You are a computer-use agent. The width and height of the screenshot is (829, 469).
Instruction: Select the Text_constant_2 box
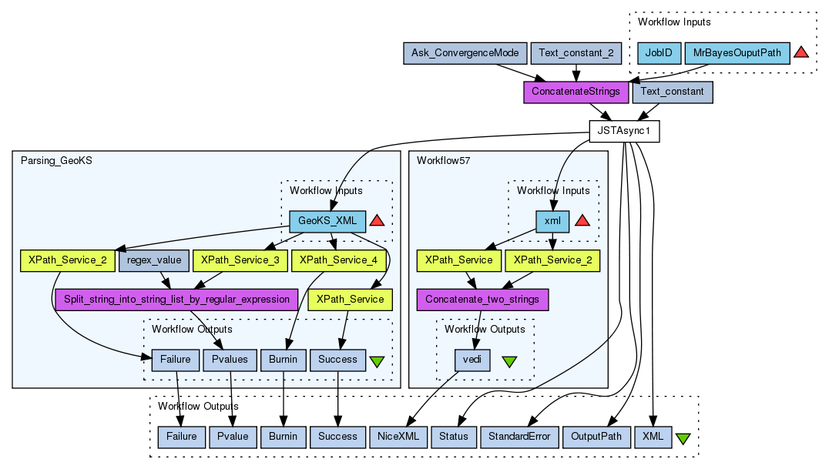point(577,53)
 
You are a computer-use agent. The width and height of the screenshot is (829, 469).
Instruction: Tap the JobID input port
point(659,53)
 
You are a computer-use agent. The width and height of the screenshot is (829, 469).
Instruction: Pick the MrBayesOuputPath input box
point(737,53)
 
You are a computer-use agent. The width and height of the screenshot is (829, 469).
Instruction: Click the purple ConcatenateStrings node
point(576,92)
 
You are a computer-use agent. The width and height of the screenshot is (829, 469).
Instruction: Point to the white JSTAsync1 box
point(624,131)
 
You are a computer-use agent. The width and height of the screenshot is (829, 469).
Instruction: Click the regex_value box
point(153,260)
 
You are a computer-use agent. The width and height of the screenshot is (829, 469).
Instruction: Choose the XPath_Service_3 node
point(240,260)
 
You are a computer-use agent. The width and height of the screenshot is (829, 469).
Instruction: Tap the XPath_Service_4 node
point(338,260)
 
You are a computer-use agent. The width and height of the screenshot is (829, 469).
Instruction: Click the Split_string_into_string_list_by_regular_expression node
point(176,299)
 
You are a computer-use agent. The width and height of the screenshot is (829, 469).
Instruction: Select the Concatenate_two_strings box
point(482,299)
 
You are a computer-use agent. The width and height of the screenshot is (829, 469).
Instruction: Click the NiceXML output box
point(398,437)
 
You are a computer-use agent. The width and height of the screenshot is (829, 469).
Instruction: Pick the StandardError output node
point(519,437)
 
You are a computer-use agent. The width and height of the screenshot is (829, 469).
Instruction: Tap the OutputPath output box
point(596,437)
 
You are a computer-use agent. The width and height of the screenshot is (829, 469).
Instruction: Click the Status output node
point(454,437)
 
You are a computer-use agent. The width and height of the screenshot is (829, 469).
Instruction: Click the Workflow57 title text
point(443,160)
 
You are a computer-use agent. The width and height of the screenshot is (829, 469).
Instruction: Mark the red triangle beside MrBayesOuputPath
point(801,52)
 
